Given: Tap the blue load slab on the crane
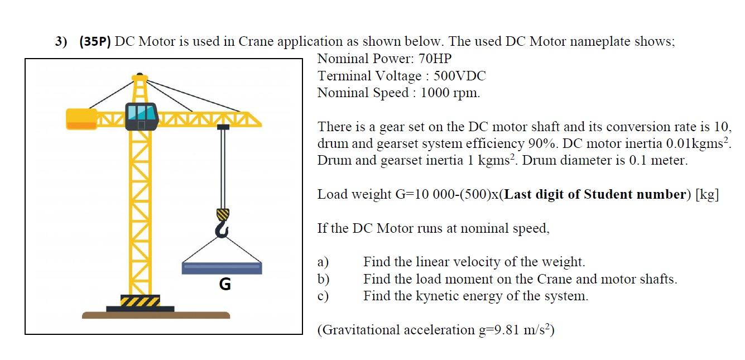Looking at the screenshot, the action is pos(222,268).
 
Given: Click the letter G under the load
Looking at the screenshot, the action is pos(224,285).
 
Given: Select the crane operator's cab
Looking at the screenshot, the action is pos(142,116).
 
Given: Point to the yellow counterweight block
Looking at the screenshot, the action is pos(81,118).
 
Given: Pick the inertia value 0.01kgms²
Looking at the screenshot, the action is pos(692,143).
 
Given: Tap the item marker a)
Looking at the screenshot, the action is pos(323,262).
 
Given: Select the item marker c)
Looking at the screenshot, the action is pos(323,296).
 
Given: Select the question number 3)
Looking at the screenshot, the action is pos(61,42).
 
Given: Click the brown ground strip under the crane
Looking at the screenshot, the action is pos(156,315).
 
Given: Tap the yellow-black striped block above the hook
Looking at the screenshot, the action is pos(223,214).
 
